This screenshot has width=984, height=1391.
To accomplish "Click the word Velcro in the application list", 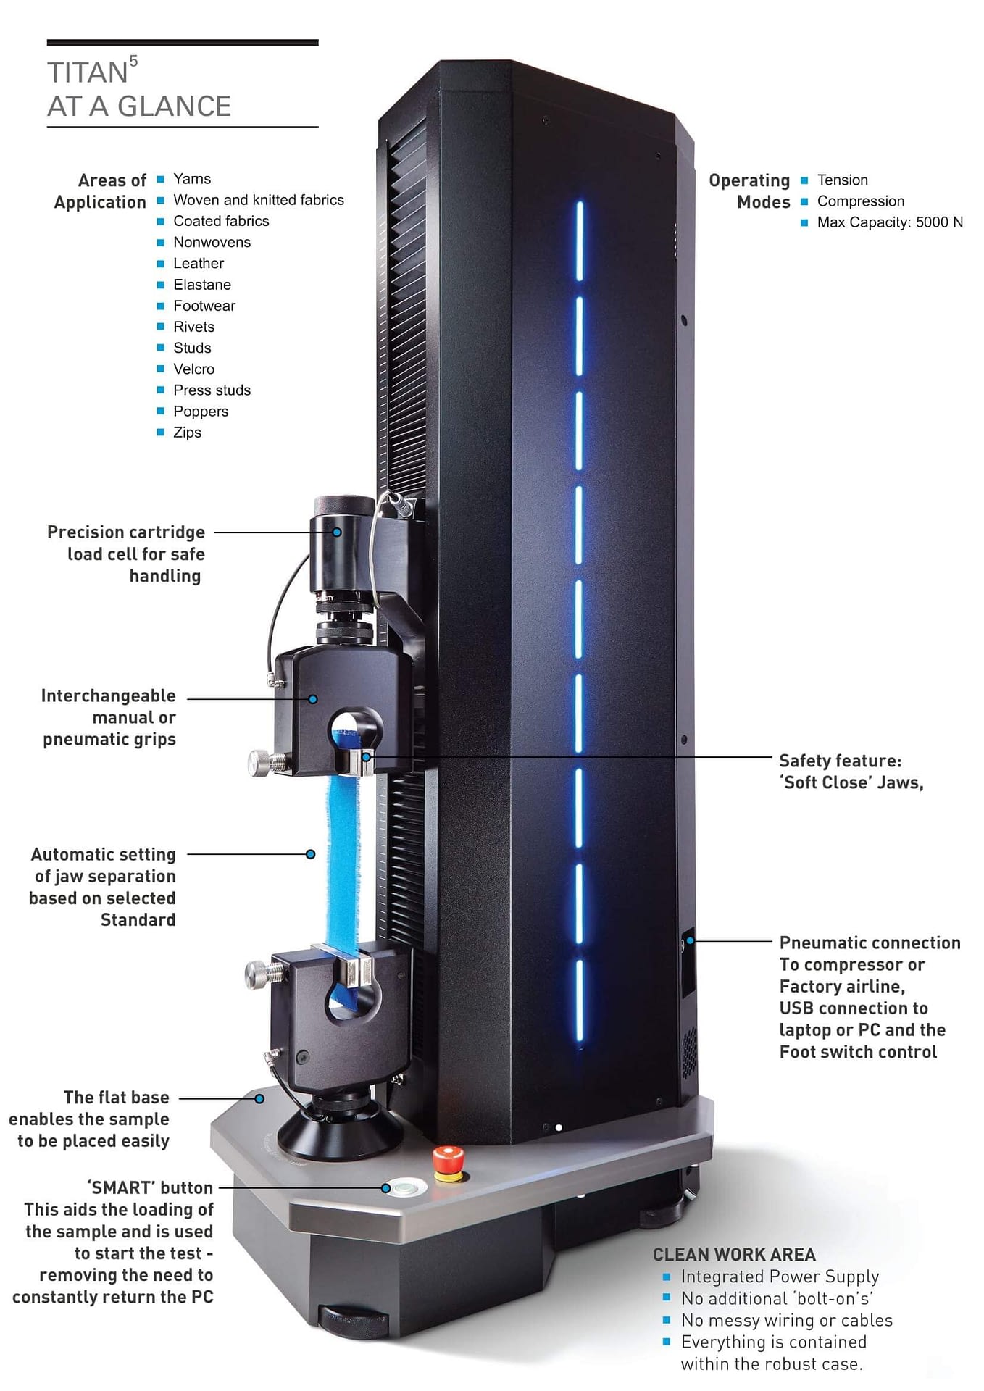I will [193, 369].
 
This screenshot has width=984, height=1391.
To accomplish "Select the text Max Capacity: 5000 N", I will [889, 222].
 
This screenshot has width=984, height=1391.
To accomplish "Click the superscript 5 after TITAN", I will [133, 61].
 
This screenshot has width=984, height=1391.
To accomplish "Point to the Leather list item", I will [198, 264].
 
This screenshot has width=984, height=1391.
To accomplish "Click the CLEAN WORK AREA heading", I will [733, 1255].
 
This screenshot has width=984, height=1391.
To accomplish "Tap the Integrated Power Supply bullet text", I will [779, 1277].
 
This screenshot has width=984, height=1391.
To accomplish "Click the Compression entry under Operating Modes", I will [860, 201].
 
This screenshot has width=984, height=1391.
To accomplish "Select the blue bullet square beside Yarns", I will [161, 179].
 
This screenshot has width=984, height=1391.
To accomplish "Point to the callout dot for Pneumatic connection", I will [691, 940].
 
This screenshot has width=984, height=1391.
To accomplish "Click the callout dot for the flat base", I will [259, 1099].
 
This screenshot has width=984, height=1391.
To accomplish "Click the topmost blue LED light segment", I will [579, 241].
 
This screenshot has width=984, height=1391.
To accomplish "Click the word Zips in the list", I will [187, 433].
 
